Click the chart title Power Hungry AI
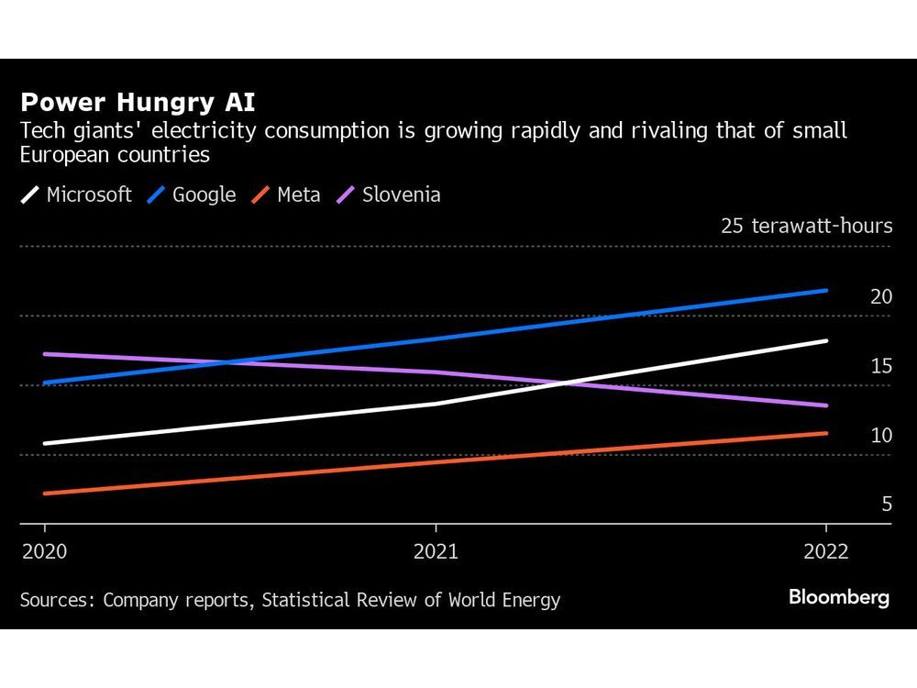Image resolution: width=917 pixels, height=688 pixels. pyautogui.click(x=138, y=102)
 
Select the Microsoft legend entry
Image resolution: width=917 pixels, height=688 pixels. pyautogui.click(x=77, y=194)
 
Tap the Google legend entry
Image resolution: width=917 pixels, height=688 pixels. pyautogui.click(x=192, y=194)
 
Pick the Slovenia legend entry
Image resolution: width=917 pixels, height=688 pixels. pyautogui.click(x=389, y=194)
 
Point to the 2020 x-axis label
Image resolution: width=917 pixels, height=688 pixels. pyautogui.click(x=43, y=551)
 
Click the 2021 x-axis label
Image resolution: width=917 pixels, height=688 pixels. pyautogui.click(x=436, y=551)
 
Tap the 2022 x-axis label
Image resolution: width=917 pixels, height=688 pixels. pyautogui.click(x=826, y=551)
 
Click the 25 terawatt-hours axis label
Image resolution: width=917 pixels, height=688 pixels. pyautogui.click(x=806, y=226)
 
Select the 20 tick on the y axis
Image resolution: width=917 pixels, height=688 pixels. pyautogui.click(x=880, y=296)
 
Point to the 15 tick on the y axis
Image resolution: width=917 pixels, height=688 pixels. pyautogui.click(x=880, y=366)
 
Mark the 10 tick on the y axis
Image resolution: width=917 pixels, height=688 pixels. pyautogui.click(x=880, y=435)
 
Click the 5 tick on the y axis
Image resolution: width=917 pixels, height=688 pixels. pyautogui.click(x=886, y=504)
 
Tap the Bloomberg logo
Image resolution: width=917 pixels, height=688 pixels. pyautogui.click(x=839, y=597)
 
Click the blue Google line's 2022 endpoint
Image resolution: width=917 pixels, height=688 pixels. pyautogui.click(x=826, y=291)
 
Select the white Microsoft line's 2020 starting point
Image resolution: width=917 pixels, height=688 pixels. pyautogui.click(x=44, y=443)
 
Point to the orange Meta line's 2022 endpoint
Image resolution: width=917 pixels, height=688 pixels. pyautogui.click(x=826, y=433)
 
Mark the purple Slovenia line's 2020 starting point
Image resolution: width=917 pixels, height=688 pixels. pyautogui.click(x=44, y=354)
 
